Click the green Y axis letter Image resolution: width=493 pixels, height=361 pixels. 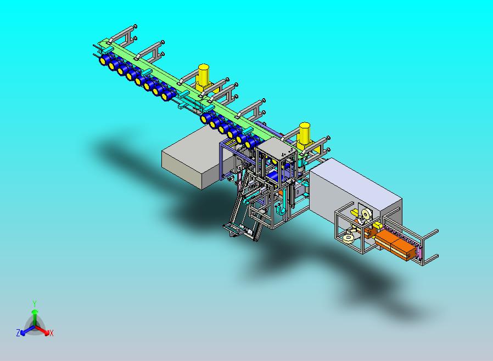35,303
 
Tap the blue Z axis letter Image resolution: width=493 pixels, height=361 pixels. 18,332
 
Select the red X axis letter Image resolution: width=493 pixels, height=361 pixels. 52,334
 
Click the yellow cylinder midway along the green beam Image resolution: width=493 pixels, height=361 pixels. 204,76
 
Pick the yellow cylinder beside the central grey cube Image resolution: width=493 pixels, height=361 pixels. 304,135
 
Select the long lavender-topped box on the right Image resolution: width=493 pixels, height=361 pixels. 355,191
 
